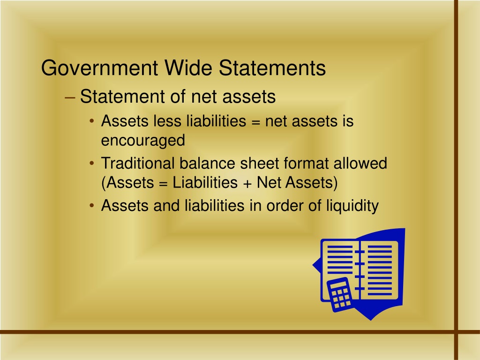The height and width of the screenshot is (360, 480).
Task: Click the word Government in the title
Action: pyautogui.click(x=99, y=67)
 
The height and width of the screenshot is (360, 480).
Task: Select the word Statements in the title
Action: pyautogui.click(x=272, y=67)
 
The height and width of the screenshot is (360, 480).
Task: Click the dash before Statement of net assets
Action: pyautogui.click(x=70, y=97)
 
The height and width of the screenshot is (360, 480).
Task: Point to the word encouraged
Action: pyautogui.click(x=143, y=141)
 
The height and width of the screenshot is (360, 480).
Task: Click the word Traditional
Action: pyautogui.click(x=137, y=163)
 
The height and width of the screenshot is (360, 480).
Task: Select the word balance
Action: pyautogui.click(x=207, y=163)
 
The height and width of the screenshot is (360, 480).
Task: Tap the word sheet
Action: pyautogui.click(x=259, y=163)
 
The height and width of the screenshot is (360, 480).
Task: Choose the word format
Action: pyautogui.click(x=306, y=164)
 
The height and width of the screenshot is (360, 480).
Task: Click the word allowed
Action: pyautogui.click(x=360, y=163)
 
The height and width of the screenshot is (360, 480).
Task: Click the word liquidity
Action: pyautogui.click(x=352, y=206)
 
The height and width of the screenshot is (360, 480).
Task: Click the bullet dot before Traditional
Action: pyautogui.click(x=92, y=164)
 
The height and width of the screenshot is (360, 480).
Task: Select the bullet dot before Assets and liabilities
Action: pyautogui.click(x=92, y=206)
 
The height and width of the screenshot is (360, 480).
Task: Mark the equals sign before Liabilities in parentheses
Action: pyautogui.click(x=164, y=184)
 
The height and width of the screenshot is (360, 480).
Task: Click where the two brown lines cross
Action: pyautogui.click(x=456, y=332)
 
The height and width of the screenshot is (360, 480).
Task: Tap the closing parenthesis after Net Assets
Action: pyautogui.click(x=336, y=183)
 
